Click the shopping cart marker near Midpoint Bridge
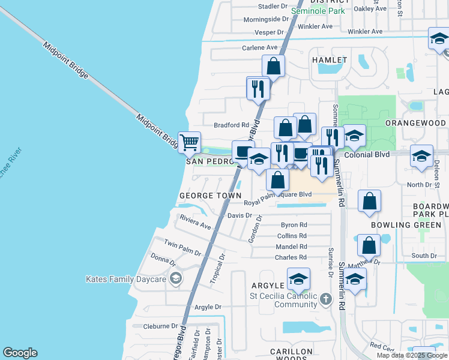[190, 143]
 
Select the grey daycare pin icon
[175, 278]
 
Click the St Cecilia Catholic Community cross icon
[325, 299]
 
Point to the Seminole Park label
[318, 11]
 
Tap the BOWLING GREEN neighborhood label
[406, 225]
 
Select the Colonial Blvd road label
[366, 154]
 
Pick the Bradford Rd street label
[231, 125]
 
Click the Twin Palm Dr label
[182, 246]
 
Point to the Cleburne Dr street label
[161, 326]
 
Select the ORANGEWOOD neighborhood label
[416, 122]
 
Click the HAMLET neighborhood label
[330, 60]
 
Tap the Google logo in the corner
[20, 353]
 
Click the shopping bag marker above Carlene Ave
[273, 67]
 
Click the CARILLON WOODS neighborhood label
[291, 355]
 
